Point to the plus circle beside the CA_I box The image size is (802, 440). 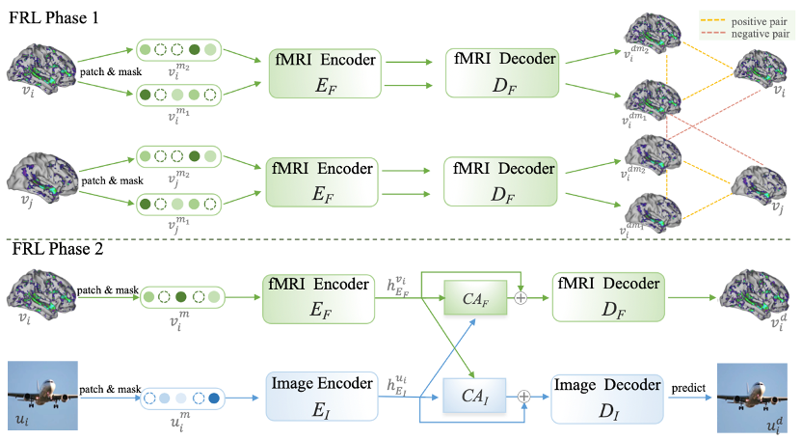524,395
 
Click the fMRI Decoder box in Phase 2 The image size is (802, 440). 606,295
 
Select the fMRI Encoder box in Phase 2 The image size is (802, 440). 319,295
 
